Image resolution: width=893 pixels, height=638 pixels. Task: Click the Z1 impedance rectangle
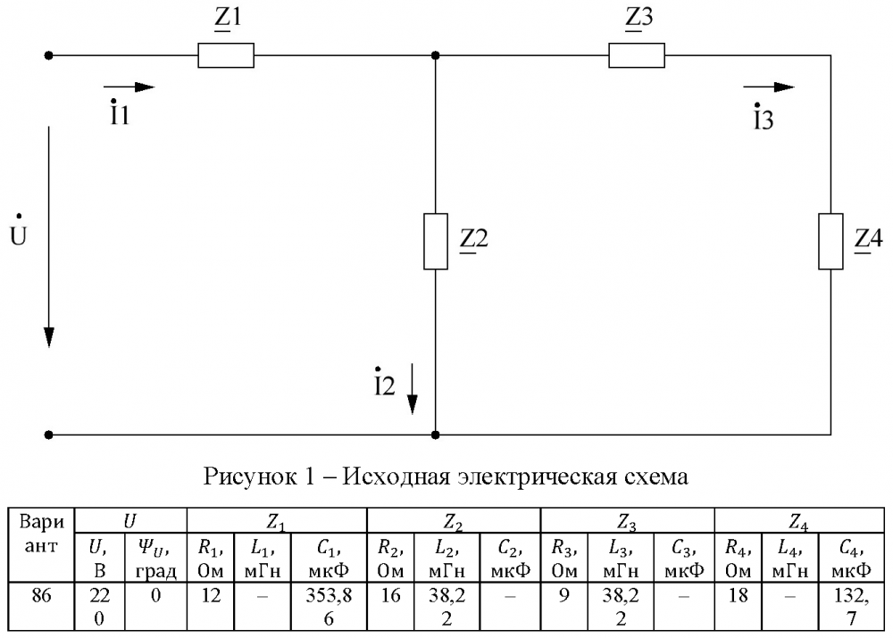(226, 55)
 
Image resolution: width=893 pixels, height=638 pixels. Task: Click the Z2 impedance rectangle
(435, 241)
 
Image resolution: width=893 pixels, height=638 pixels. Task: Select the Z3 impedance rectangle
(637, 55)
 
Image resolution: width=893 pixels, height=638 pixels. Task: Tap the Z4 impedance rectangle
(830, 241)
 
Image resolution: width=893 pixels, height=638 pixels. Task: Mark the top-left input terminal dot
(50, 55)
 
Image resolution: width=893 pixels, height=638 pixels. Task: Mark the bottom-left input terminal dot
(50, 435)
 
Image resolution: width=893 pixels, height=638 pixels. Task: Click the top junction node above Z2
(435, 55)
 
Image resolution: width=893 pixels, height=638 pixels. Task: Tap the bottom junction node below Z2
(435, 435)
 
